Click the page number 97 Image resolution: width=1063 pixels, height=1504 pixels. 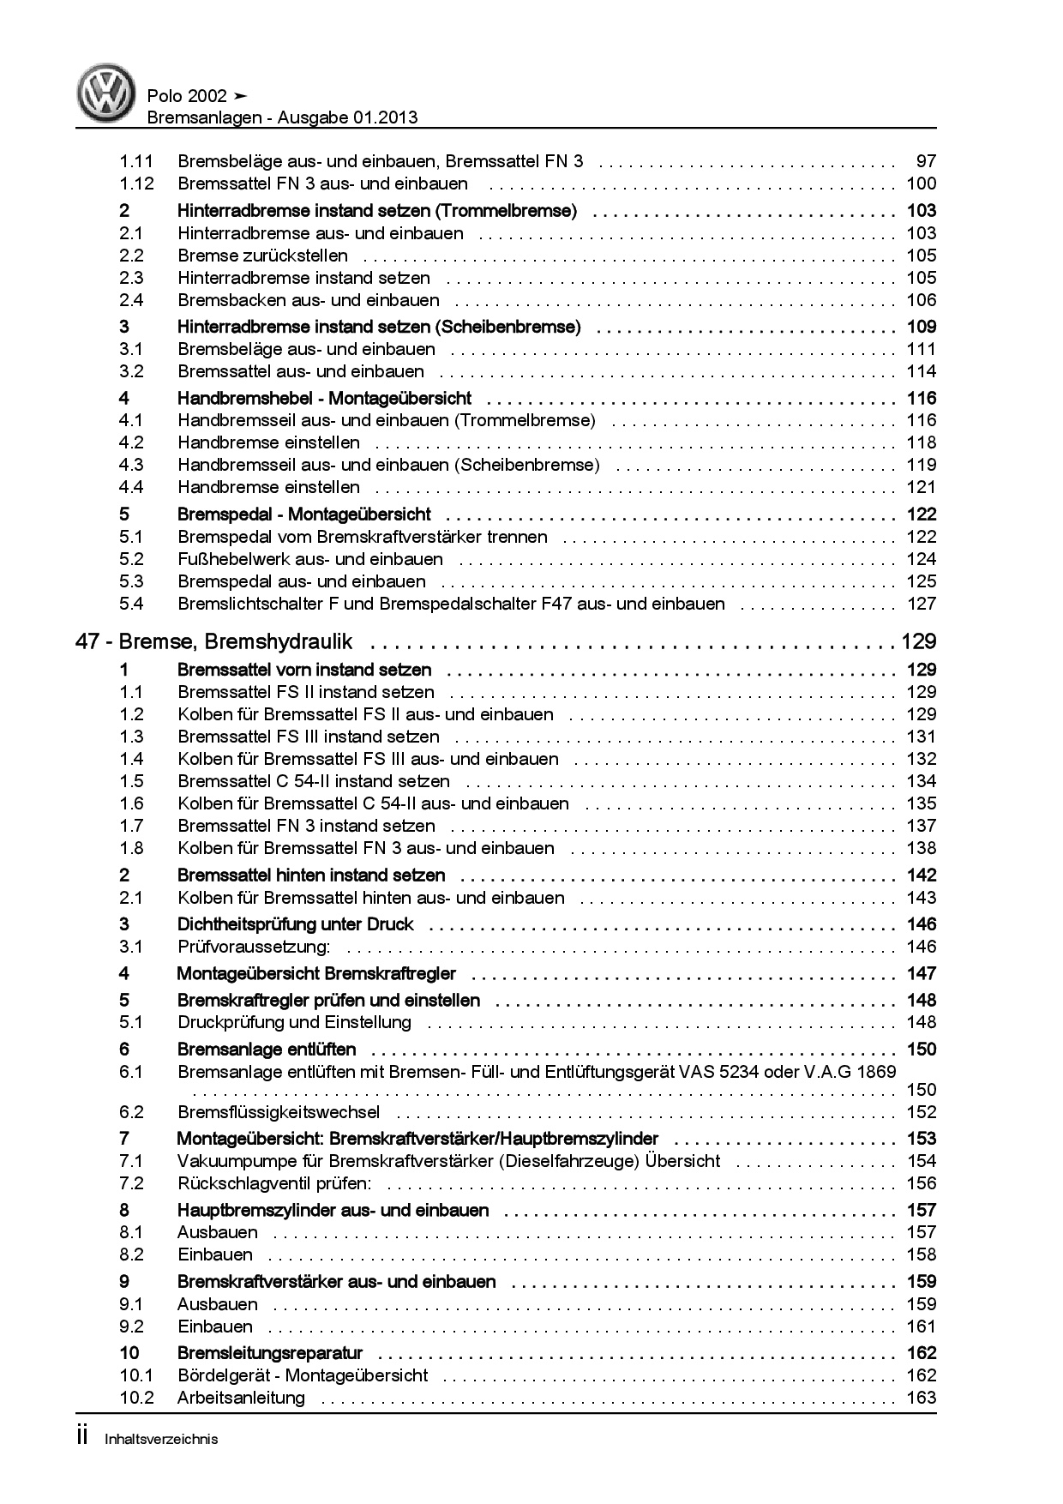(926, 161)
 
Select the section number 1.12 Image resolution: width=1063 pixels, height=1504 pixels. (136, 183)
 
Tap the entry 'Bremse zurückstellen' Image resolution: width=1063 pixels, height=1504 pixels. (262, 256)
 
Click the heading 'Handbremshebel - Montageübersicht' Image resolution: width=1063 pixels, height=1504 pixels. (324, 399)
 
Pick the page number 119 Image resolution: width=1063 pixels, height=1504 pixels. (922, 465)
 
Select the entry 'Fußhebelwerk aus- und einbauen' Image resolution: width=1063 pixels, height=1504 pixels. (310, 559)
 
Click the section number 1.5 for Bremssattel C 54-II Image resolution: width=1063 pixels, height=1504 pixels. (131, 781)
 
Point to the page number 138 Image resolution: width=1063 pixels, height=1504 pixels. (922, 848)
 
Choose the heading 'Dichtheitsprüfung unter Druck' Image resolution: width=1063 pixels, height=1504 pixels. (295, 924)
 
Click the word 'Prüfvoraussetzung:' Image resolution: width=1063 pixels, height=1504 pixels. (254, 947)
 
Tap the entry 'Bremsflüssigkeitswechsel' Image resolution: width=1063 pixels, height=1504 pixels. (279, 1112)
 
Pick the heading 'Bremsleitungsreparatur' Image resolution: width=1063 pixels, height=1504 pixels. (270, 1353)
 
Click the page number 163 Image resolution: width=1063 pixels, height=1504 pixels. (922, 1398)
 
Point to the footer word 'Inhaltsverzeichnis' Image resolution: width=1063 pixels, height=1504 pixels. (161, 1439)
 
